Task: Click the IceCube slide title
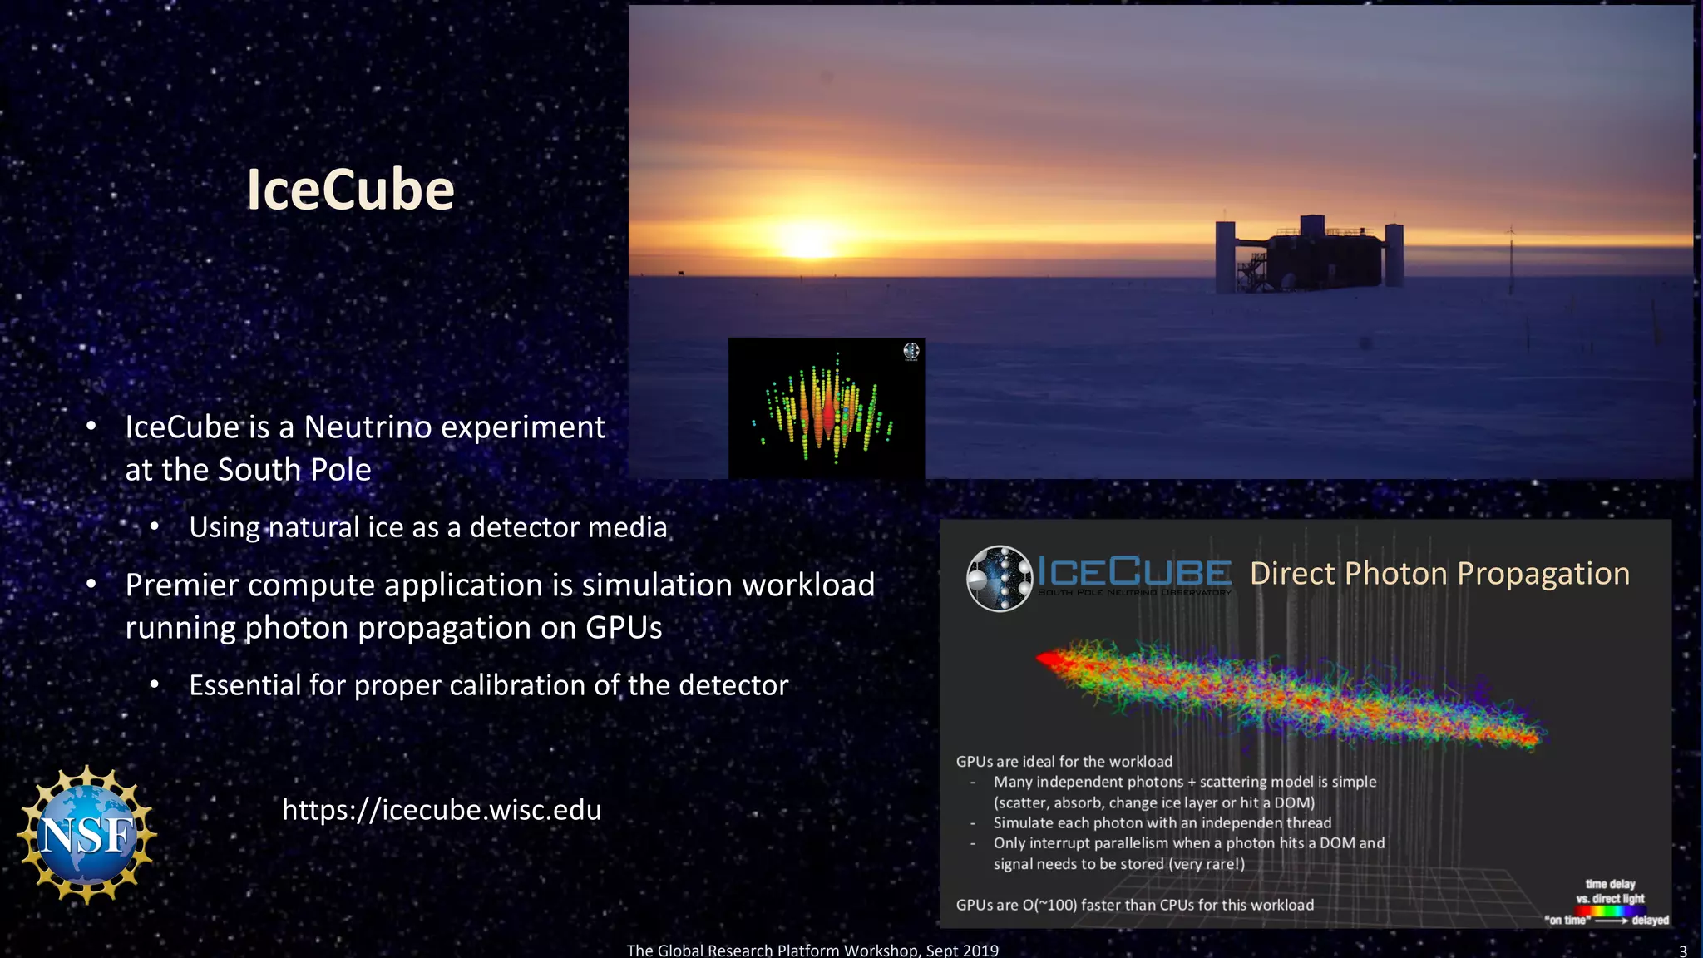(x=350, y=190)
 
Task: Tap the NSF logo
(x=86, y=835)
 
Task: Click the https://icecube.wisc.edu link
(x=441, y=810)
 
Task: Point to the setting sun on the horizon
(x=807, y=242)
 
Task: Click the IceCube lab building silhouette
(x=1309, y=256)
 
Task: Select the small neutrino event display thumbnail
(x=826, y=407)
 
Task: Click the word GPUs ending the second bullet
(x=623, y=628)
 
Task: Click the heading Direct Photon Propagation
(x=1439, y=574)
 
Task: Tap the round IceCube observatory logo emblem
(x=999, y=578)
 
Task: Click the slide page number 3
(x=1682, y=951)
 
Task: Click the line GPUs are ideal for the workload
(x=1064, y=761)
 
